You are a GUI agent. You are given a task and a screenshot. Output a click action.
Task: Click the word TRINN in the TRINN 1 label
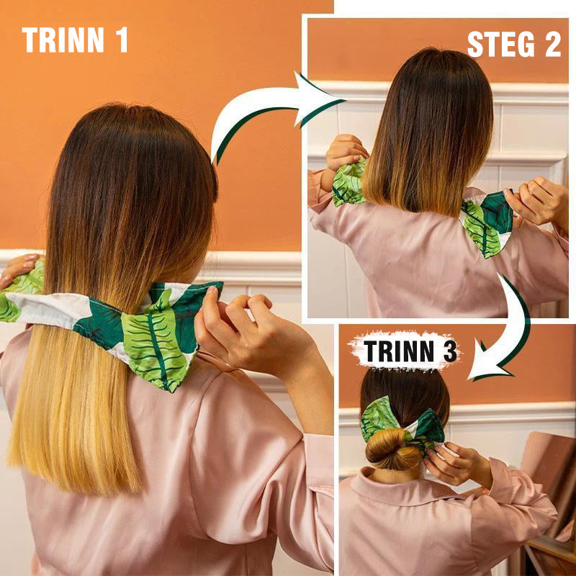pyautogui.click(x=63, y=40)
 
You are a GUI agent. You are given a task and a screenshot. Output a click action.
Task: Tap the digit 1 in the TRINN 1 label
pyautogui.click(x=122, y=40)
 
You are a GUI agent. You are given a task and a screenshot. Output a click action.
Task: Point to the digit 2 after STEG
pyautogui.click(x=553, y=45)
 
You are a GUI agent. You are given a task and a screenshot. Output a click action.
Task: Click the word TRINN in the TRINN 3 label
pyautogui.click(x=398, y=351)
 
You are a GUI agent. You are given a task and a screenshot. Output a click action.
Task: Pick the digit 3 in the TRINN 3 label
pyautogui.click(x=451, y=351)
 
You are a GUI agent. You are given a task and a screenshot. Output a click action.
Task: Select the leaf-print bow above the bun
pyautogui.click(x=402, y=423)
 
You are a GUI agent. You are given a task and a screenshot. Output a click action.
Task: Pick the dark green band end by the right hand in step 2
pyautogui.click(x=497, y=212)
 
